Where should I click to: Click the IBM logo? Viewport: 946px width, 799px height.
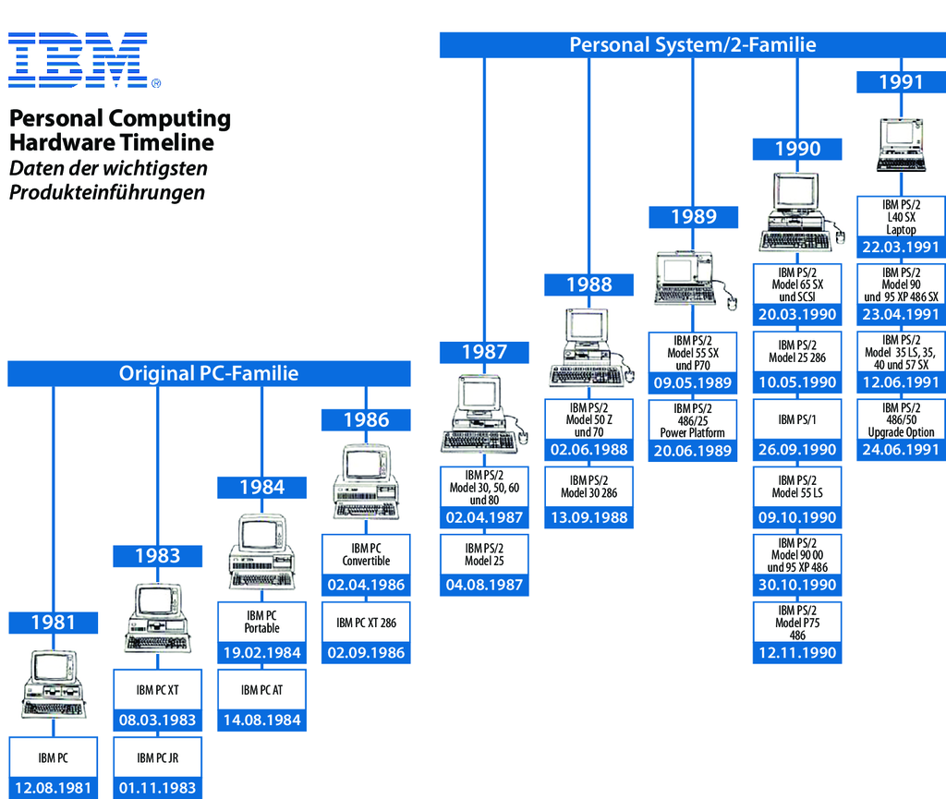pyautogui.click(x=84, y=60)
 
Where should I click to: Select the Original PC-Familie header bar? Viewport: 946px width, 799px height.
pyautogui.click(x=209, y=373)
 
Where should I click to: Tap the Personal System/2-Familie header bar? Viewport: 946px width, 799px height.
pyautogui.click(x=693, y=45)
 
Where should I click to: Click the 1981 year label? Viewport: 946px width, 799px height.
pyautogui.click(x=53, y=623)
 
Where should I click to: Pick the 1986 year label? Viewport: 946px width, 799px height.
pyautogui.click(x=366, y=419)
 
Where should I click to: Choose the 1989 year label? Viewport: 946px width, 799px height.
pyautogui.click(x=693, y=217)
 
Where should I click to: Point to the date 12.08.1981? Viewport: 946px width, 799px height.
pyautogui.click(x=53, y=788)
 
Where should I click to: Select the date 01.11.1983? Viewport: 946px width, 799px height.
pyautogui.click(x=157, y=788)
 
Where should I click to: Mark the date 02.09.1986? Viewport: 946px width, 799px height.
pyautogui.click(x=366, y=652)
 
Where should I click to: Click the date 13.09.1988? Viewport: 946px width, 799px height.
pyautogui.click(x=588, y=517)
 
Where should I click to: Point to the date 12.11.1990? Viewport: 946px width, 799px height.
pyautogui.click(x=797, y=652)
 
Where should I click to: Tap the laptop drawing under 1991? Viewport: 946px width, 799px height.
pyautogui.click(x=901, y=145)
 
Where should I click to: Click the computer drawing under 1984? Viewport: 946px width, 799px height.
pyautogui.click(x=261, y=551)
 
